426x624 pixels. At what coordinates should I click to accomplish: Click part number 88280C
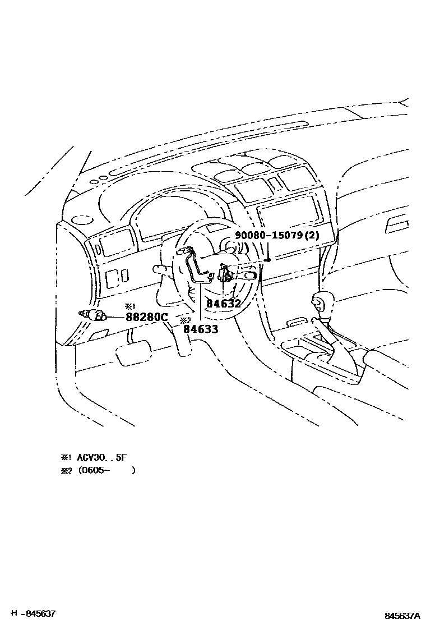(147, 318)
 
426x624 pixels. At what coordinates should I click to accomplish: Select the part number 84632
(223, 304)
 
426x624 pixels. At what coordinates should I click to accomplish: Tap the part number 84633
(200, 329)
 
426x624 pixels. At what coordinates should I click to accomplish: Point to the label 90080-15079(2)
(277, 236)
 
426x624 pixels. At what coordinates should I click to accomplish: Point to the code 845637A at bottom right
(402, 616)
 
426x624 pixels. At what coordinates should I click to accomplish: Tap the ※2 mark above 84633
(186, 320)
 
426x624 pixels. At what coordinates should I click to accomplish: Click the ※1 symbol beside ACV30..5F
(67, 457)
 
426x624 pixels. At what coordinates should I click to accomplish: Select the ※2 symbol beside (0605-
(67, 471)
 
